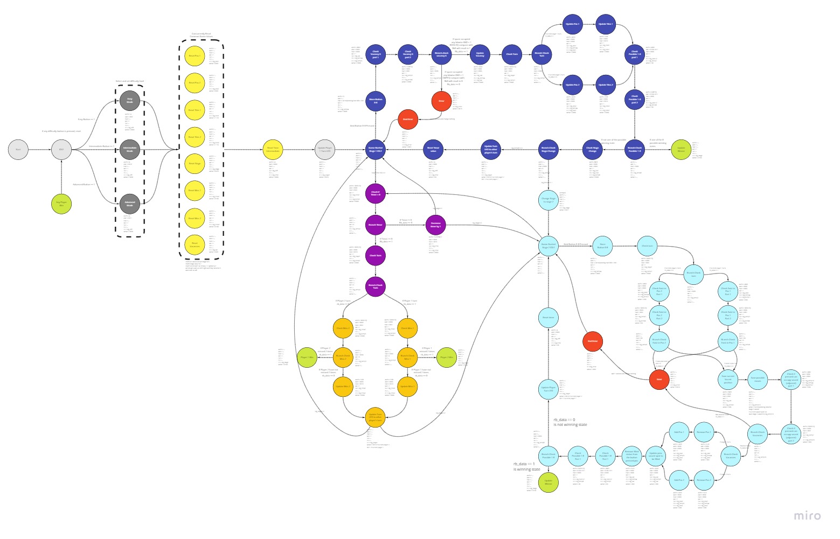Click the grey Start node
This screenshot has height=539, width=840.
pos(18,150)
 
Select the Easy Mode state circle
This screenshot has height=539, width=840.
pos(129,101)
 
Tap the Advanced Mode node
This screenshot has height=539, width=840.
pos(129,204)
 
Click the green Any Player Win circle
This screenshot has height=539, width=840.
pos(61,204)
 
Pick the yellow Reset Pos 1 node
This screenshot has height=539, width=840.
pos(195,55)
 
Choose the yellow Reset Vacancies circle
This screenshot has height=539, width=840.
pos(195,244)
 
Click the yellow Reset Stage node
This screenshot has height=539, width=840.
pos(195,164)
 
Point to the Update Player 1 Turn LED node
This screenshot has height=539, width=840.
pos(325,149)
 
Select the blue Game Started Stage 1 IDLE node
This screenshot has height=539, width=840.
pos(376,149)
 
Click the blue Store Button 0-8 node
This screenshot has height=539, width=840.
pos(376,101)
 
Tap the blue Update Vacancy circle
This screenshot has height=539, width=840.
pos(480,54)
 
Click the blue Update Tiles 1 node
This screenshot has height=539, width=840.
pos(606,24)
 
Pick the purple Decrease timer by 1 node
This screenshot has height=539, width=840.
pos(435,225)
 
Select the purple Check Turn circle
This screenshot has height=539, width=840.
pos(376,256)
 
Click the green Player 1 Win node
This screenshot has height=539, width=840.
pos(307,357)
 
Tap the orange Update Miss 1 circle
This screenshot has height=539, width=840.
pos(407,386)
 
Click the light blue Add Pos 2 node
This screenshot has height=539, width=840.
pos(679,479)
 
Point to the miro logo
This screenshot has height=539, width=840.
pos(807,516)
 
